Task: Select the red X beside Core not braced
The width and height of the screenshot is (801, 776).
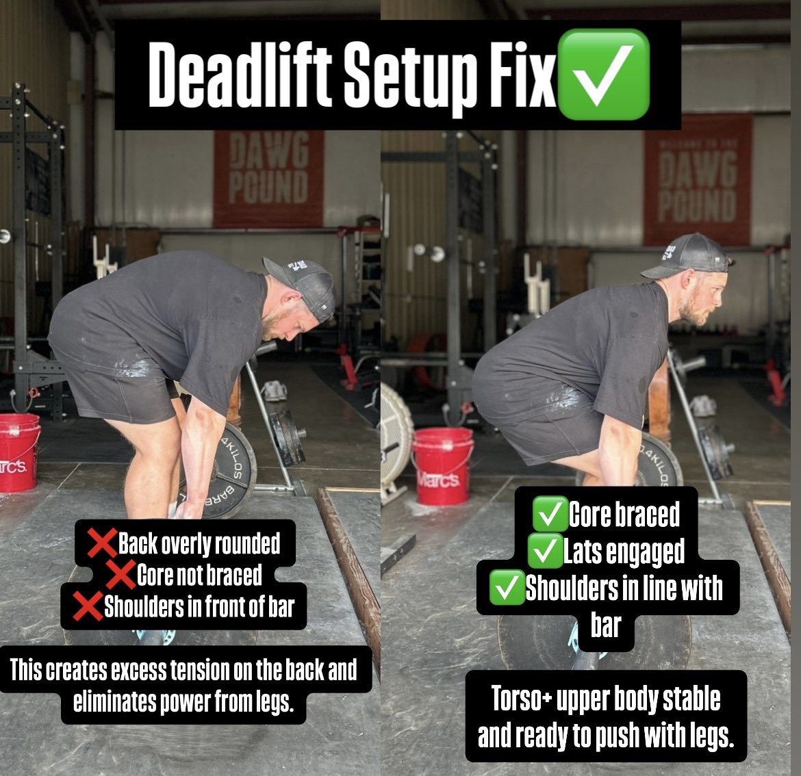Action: pyautogui.click(x=120, y=575)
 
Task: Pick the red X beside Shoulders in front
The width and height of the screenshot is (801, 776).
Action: pyautogui.click(x=88, y=606)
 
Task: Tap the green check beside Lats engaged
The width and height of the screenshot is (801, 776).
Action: pyautogui.click(x=546, y=552)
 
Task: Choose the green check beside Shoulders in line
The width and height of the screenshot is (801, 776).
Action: pyautogui.click(x=507, y=589)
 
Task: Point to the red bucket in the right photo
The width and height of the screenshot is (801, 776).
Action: pyautogui.click(x=442, y=465)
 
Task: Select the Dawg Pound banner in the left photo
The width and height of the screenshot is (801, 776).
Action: pyautogui.click(x=268, y=178)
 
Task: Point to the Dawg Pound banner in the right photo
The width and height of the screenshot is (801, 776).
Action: pyautogui.click(x=697, y=179)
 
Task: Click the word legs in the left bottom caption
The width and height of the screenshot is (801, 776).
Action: pyautogui.click(x=269, y=702)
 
